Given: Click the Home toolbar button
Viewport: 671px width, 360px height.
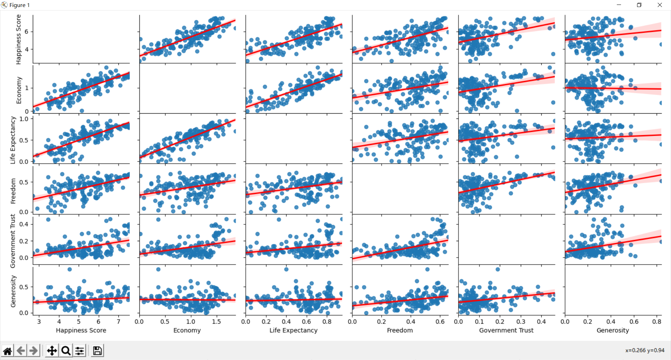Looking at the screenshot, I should (x=7, y=351).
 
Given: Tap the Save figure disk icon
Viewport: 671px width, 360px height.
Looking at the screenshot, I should (x=98, y=351).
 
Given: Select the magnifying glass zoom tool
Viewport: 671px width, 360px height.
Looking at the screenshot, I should (x=66, y=351).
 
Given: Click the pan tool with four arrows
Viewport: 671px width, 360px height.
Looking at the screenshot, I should (x=52, y=351).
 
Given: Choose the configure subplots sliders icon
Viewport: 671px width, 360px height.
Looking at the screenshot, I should (x=80, y=351).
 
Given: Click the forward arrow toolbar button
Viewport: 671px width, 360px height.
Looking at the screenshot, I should (x=34, y=351).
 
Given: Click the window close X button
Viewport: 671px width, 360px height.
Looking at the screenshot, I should (x=659, y=5).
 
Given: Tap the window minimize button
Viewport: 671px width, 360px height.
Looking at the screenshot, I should (x=619, y=5).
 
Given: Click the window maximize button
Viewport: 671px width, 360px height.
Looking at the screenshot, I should (x=639, y=5).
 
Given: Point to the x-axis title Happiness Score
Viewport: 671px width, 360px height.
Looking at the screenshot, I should (x=81, y=330).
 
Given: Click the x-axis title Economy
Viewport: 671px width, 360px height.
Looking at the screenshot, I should (x=187, y=330).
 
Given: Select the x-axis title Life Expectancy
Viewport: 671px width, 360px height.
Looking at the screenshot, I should (x=294, y=330).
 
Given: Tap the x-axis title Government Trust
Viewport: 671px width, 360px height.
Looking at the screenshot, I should (x=506, y=330).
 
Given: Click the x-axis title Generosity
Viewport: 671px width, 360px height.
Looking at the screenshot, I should (x=613, y=330).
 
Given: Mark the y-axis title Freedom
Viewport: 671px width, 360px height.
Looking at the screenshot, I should (x=13, y=191).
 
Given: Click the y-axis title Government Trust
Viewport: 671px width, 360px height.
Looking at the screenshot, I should (x=13, y=241).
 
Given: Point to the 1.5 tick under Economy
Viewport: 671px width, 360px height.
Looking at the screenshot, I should (x=216, y=322).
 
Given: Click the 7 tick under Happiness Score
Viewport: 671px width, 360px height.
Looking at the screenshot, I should (x=118, y=322).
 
